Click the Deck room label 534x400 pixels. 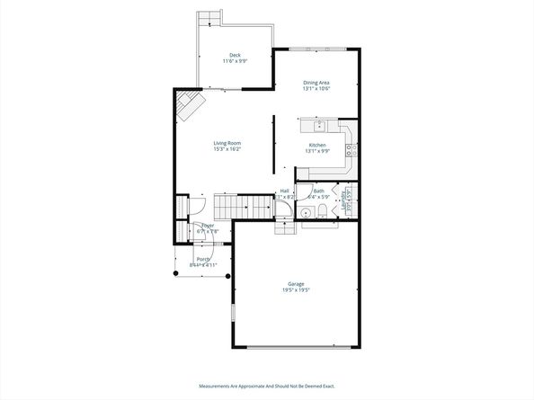[235, 56]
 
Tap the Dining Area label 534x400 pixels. [316, 83]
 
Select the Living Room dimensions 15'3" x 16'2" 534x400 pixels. [227, 149]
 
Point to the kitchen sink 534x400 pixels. [319, 124]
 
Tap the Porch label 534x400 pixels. [203, 259]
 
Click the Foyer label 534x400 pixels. [208, 226]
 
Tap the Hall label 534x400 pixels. [284, 191]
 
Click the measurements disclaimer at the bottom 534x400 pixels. [267, 387]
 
